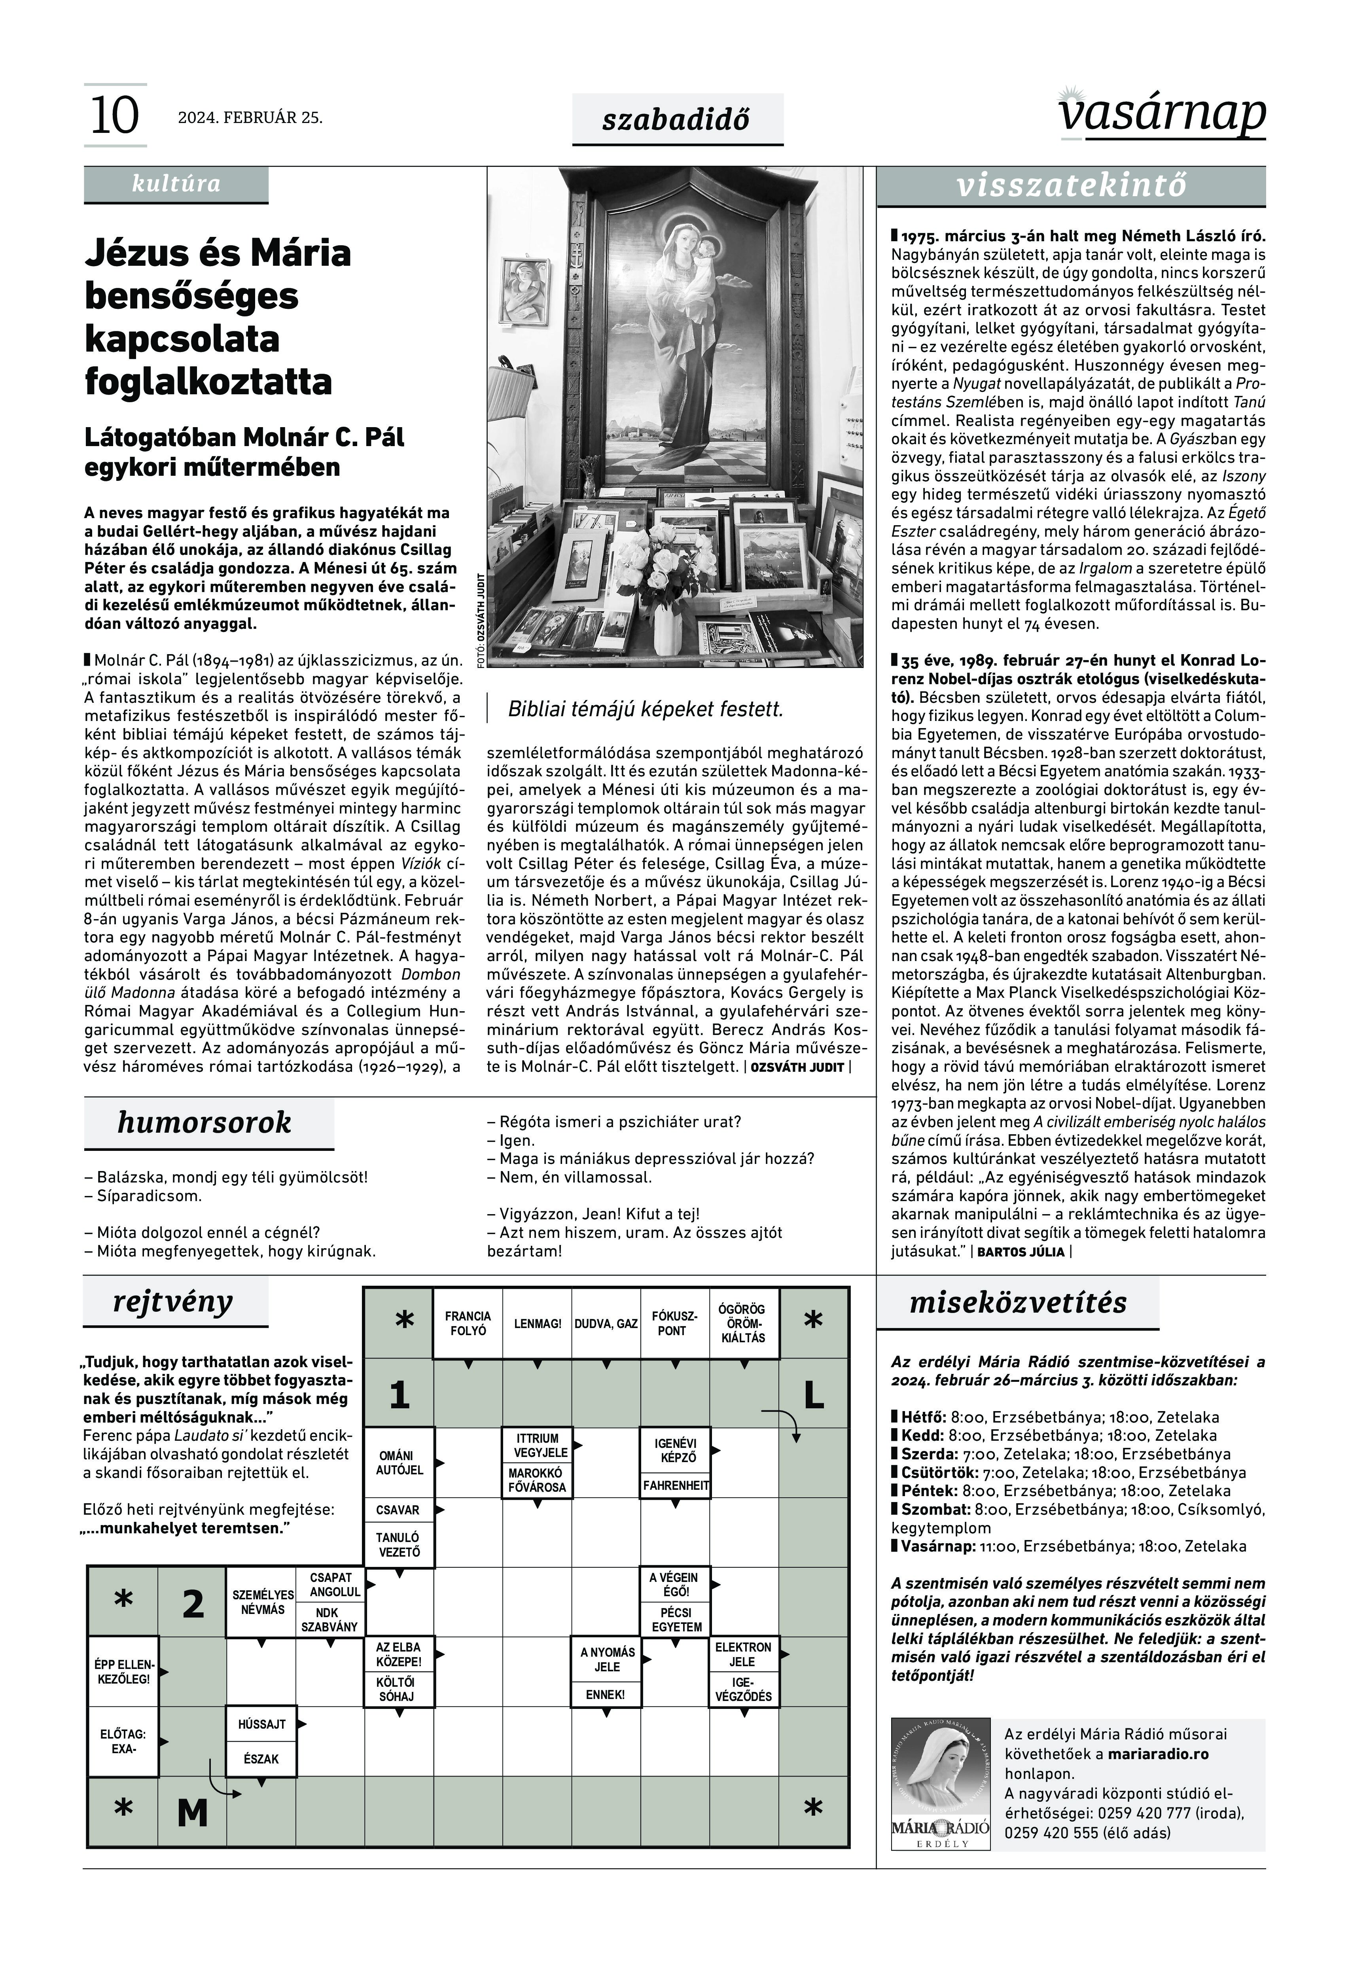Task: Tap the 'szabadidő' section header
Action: click(x=677, y=119)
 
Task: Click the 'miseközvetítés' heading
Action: click(x=1018, y=1302)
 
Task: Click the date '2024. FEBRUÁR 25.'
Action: click(x=250, y=117)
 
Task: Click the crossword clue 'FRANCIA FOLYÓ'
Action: click(x=468, y=1324)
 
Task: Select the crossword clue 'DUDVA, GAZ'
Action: click(x=606, y=1324)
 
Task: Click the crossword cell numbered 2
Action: click(x=193, y=1604)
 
